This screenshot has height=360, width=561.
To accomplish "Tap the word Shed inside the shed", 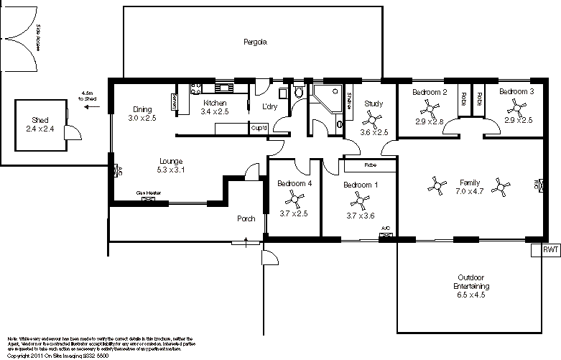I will pyautogui.click(x=40, y=119).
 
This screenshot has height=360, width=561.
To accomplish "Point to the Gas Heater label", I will pyautogui.click(x=147, y=194).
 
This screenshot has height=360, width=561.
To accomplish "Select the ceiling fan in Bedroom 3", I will pyautogui.click(x=517, y=108).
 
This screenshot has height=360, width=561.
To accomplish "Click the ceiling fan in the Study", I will pyautogui.click(x=373, y=118).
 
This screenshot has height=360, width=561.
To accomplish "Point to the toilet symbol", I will pyautogui.click(x=300, y=93).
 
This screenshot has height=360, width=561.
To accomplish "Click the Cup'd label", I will pyautogui.click(x=259, y=128).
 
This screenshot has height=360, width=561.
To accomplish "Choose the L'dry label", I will pyautogui.click(x=270, y=106).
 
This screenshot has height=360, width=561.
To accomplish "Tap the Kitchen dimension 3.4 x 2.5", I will pyautogui.click(x=214, y=112).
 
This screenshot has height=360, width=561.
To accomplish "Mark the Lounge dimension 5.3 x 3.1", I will pyautogui.click(x=171, y=170).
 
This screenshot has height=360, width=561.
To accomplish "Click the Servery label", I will pyautogui.click(x=175, y=102).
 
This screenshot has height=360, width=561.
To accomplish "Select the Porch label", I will pyautogui.click(x=246, y=219).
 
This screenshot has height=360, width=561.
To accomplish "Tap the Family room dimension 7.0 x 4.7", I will pyautogui.click(x=469, y=192).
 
